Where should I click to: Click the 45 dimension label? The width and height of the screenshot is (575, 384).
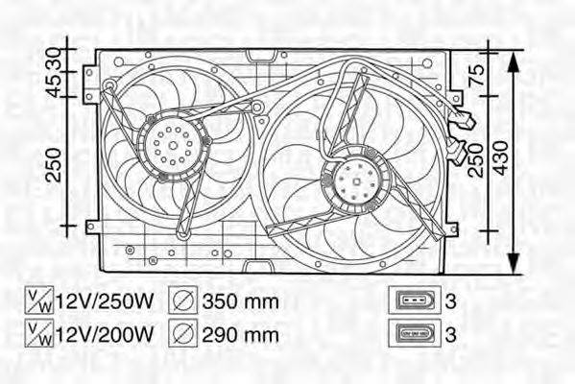[55, 89]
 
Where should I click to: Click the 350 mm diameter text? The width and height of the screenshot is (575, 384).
[240, 301]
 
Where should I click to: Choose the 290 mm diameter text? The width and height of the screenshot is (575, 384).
[240, 333]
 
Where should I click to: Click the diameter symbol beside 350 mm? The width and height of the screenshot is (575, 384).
[184, 301]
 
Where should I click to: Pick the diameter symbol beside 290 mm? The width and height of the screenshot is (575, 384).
[184, 333]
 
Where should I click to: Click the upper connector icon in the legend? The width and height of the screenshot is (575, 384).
[414, 301]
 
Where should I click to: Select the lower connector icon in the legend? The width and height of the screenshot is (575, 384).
[414, 334]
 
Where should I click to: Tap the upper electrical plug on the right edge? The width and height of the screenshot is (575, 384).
[465, 120]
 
